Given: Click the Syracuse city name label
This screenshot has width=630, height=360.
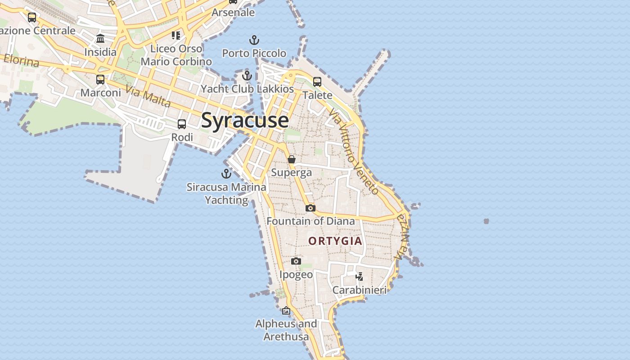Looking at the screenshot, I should click(245, 120).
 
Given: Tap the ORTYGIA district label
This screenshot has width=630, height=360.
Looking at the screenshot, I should click(335, 241).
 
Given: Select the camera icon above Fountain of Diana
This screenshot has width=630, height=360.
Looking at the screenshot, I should click(310, 208).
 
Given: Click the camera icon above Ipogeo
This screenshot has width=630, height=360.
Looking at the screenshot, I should click(296, 261).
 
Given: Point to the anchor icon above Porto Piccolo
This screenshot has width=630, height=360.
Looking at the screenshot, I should click(254, 40).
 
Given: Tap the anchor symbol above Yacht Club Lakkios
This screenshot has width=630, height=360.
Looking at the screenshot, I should click(247, 75).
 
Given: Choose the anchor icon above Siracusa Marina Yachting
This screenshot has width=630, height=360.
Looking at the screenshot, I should click(226, 173).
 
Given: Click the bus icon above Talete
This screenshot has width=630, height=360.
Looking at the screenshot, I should click(317, 81).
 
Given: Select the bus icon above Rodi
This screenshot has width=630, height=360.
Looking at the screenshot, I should click(182, 124).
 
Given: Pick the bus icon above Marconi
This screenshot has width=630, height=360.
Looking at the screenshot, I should click(100, 80).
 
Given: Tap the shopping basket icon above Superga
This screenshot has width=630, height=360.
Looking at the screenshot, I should click(292, 159).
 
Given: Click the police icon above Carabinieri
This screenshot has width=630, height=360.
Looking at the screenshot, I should click(359, 276).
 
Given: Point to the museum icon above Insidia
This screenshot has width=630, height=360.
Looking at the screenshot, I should click(100, 38).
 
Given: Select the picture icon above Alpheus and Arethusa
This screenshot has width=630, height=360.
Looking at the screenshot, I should click(286, 310).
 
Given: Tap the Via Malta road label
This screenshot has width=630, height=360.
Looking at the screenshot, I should click(148, 96).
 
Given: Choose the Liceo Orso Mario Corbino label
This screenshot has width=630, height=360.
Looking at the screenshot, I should click(176, 55).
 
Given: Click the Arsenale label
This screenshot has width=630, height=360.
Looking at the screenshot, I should click(233, 13).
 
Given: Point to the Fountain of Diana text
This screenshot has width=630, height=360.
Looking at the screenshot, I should click(310, 221).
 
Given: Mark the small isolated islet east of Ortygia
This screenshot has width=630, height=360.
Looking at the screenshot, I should click(486, 221).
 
